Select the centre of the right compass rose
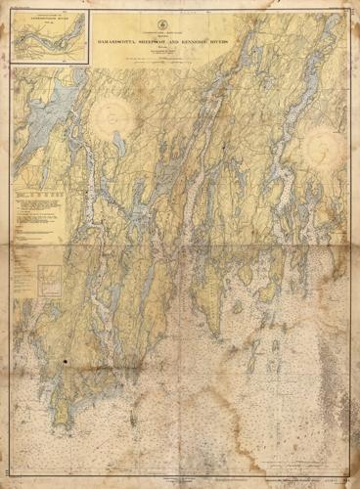pyautogui.click(x=320, y=148)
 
